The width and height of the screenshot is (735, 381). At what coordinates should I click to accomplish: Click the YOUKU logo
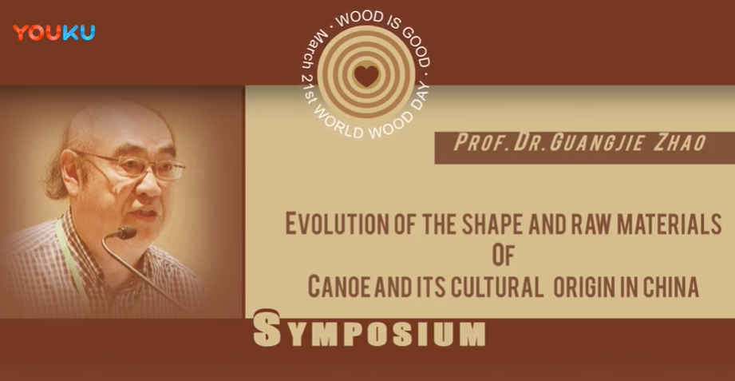[54, 33]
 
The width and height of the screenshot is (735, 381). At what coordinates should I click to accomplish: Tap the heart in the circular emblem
[366, 76]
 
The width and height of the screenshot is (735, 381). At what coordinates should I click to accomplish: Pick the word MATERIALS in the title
[670, 224]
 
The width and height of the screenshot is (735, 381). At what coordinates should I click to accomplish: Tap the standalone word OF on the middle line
[504, 256]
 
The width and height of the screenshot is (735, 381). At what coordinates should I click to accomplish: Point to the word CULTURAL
[496, 287]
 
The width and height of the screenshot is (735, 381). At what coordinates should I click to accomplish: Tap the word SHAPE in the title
[492, 224]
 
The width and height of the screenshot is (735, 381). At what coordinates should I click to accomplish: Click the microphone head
[127, 232]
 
